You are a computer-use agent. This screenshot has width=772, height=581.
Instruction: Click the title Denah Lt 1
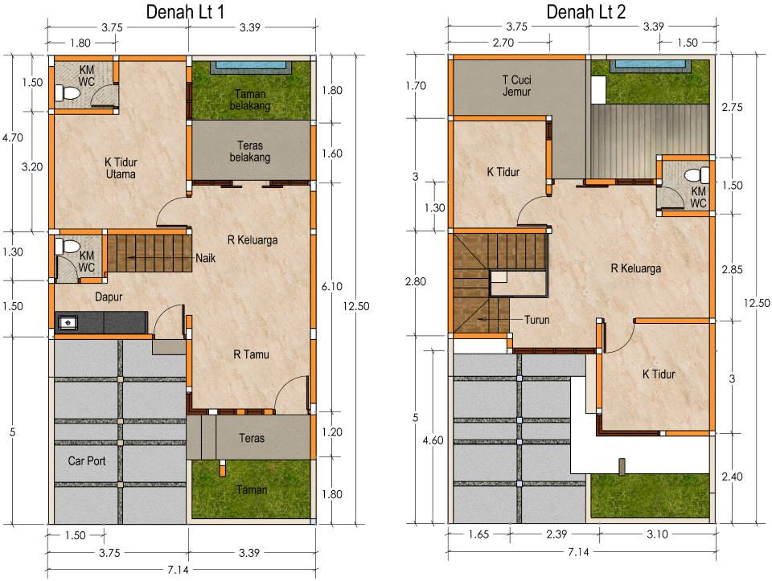click(x=185, y=12)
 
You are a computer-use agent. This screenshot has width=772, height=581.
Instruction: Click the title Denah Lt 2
click(x=586, y=12)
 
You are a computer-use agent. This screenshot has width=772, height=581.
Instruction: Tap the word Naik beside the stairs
click(x=205, y=258)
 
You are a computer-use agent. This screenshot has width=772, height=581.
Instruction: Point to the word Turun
click(x=536, y=320)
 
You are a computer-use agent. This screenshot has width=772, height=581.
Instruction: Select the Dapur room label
click(x=109, y=297)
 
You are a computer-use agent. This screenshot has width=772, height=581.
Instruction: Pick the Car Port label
click(x=87, y=461)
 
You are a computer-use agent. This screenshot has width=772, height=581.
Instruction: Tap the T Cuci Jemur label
click(x=516, y=86)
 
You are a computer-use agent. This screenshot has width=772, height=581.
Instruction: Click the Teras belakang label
click(x=250, y=152)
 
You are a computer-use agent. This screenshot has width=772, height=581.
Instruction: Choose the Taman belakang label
click(x=250, y=100)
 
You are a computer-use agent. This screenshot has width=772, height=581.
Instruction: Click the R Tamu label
click(x=251, y=354)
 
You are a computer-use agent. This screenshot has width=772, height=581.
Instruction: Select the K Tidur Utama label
click(x=121, y=168)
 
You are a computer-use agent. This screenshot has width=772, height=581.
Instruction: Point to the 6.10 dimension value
click(x=332, y=286)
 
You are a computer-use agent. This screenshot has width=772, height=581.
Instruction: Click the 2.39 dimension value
click(x=556, y=534)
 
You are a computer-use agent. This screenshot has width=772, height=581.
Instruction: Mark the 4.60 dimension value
click(x=433, y=440)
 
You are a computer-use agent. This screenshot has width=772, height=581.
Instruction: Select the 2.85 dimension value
click(x=732, y=269)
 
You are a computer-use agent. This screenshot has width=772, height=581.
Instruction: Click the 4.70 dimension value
click(x=12, y=137)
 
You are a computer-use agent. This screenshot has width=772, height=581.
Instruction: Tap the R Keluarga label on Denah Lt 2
click(x=635, y=268)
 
